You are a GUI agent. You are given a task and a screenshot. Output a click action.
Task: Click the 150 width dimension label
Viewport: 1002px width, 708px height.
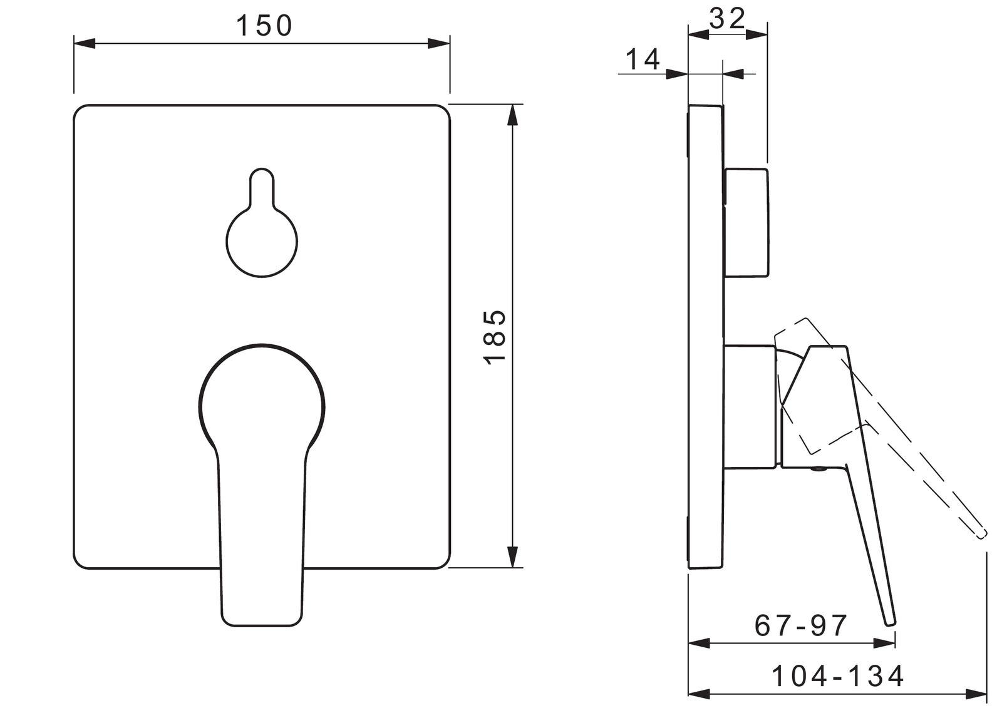pos(264,26)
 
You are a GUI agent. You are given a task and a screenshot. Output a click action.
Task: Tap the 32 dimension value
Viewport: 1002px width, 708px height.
pos(728,18)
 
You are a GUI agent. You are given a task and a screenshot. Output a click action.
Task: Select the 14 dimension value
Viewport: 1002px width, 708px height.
pos(643,59)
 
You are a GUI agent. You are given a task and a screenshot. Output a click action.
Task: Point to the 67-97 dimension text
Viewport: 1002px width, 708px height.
pos(801,626)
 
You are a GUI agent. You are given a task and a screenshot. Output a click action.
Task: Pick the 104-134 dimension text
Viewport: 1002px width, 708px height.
pos(839,676)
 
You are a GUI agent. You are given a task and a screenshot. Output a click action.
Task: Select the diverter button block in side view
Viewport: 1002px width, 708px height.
pos(746,222)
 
